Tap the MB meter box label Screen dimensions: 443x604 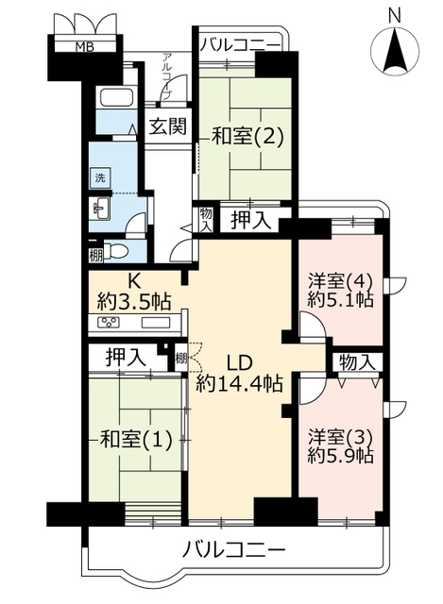(84, 47)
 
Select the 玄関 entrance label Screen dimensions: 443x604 (168, 126)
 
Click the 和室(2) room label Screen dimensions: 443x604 (248, 136)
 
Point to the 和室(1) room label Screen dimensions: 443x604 (136, 440)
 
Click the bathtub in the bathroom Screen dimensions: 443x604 (116, 96)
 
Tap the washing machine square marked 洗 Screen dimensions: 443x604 (100, 178)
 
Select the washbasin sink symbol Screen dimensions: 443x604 (101, 209)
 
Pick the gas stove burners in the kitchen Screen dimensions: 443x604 (110, 322)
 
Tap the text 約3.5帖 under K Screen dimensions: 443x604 (134, 302)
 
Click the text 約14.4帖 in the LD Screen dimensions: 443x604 (239, 383)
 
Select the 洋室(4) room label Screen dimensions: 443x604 (340, 281)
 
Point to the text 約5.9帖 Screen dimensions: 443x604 (340, 456)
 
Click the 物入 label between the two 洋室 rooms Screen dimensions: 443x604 (357, 362)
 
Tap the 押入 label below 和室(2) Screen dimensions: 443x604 (250, 221)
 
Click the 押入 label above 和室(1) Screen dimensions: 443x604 (126, 357)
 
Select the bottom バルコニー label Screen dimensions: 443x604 (234, 550)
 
